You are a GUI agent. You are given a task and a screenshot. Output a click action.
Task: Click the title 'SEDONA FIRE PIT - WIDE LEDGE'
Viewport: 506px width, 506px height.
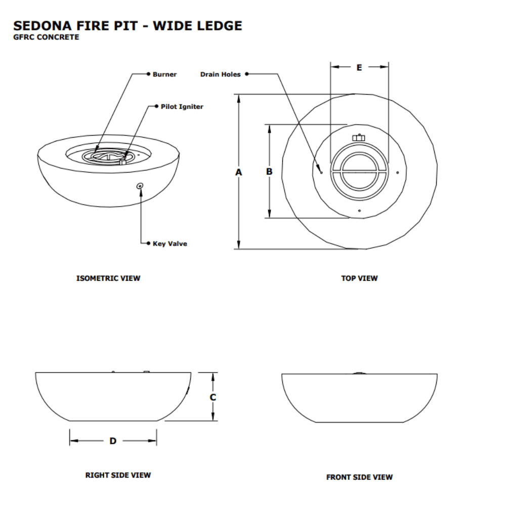tap(128, 25)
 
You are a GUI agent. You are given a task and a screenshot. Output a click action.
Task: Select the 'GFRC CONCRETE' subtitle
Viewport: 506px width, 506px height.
tap(46, 37)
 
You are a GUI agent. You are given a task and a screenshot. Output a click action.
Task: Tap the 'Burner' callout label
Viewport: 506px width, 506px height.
tap(165, 74)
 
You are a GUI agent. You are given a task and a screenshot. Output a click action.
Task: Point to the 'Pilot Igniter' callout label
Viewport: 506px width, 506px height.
tap(182, 107)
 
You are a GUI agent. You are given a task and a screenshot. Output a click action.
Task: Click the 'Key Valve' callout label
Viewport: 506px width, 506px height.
tap(170, 244)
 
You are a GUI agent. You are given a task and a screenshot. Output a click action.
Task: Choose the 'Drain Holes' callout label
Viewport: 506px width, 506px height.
tap(221, 74)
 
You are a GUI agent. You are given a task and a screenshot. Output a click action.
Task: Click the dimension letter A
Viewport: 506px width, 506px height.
tap(239, 172)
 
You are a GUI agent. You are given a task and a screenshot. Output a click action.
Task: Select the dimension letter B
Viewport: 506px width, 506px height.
tap(269, 172)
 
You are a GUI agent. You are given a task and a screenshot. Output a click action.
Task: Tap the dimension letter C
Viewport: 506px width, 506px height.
tap(213, 397)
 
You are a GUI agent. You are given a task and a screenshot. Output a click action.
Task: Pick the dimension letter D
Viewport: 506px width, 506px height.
tap(113, 441)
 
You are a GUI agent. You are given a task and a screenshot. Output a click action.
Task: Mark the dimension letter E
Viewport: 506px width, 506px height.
tap(359, 67)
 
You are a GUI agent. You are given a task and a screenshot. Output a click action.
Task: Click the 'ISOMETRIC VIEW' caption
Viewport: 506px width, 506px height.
tap(108, 278)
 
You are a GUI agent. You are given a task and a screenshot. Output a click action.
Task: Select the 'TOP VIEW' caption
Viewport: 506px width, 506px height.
tap(359, 278)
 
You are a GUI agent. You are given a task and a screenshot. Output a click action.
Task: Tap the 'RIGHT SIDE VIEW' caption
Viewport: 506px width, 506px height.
tap(118, 475)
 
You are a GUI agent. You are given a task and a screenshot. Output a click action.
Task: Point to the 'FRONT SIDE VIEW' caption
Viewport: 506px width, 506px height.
tap(359, 477)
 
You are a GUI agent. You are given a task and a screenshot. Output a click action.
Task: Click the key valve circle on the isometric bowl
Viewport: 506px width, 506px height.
tap(140, 186)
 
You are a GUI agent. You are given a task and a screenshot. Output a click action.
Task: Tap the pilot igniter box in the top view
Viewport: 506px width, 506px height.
tap(359, 138)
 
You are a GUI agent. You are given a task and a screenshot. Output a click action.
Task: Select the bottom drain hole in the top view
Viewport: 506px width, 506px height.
tap(359, 210)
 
